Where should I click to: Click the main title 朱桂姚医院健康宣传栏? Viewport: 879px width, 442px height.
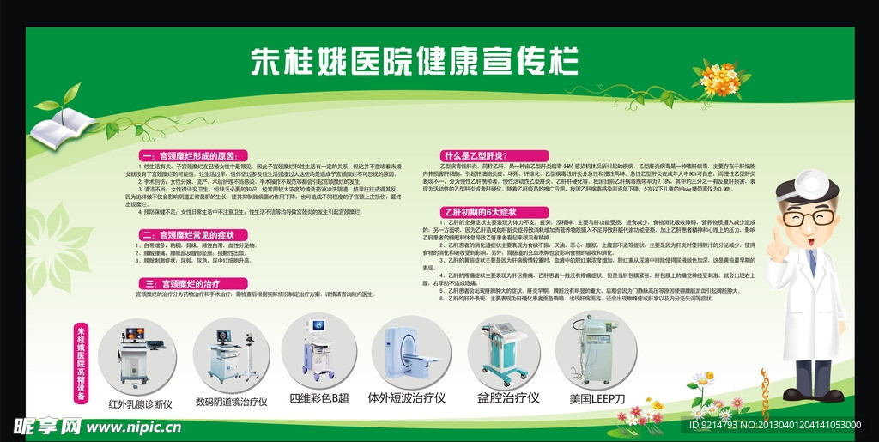(x=414, y=62)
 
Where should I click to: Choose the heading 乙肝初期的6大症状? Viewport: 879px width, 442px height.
(x=480, y=210)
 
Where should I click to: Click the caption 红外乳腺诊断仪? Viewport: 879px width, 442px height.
(x=140, y=403)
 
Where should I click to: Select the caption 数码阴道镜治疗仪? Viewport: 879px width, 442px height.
(x=231, y=401)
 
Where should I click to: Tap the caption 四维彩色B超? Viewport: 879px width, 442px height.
(x=319, y=397)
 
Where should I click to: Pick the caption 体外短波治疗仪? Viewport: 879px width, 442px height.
(x=406, y=397)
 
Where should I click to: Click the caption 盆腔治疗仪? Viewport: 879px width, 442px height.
(x=508, y=397)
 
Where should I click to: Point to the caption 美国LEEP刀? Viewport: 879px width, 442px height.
(x=597, y=398)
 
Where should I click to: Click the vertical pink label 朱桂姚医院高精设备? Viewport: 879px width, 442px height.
(x=81, y=364)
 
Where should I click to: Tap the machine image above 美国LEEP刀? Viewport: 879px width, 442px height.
(x=596, y=351)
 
